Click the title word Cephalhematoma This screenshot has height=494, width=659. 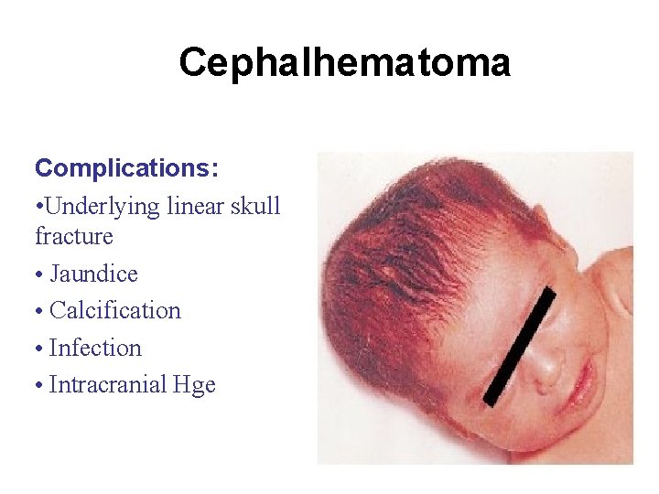coord(344,63)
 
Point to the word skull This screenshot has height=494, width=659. coord(256,207)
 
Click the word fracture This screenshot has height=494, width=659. coord(73,237)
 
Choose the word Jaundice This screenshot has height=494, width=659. coord(93,274)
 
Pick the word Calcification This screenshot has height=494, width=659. coord(115,311)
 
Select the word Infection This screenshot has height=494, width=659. coord(95,349)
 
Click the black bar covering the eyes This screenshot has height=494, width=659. coord(521,346)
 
